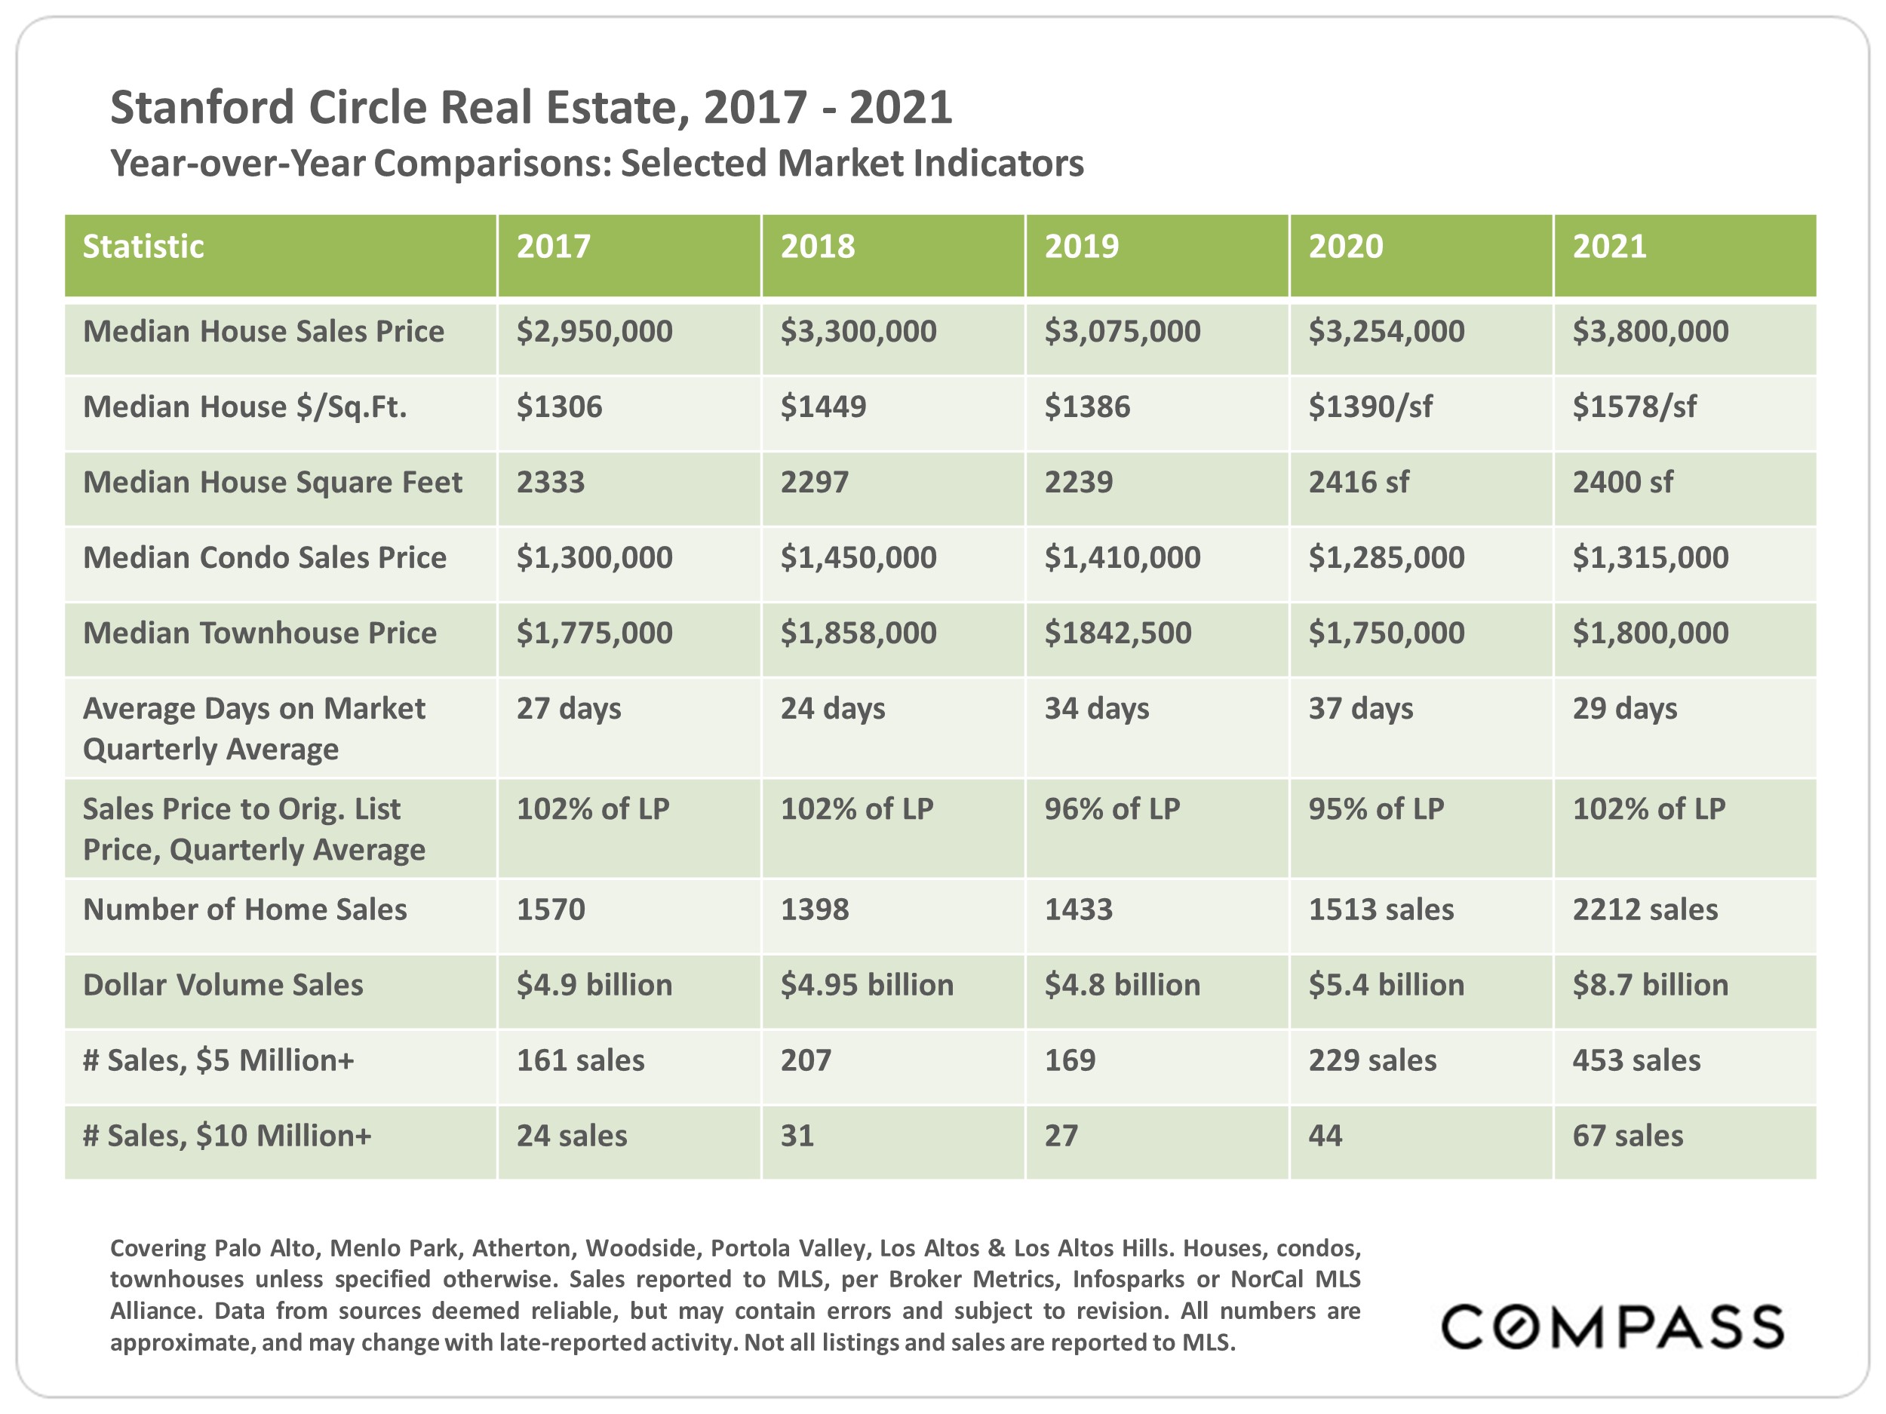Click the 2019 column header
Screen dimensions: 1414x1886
click(x=1081, y=247)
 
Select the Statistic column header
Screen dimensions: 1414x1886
click(x=143, y=247)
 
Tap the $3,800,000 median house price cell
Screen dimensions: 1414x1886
click(x=1650, y=331)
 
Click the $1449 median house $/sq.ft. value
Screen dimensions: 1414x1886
click(x=823, y=406)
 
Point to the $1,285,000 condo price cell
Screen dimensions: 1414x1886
click(x=1386, y=557)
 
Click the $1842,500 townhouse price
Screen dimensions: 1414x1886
click(x=1117, y=633)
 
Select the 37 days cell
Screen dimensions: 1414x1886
click(x=1360, y=708)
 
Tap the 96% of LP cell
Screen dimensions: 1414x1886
click(x=1112, y=809)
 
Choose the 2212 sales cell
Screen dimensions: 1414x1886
click(x=1645, y=909)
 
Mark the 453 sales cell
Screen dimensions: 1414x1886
click(x=1636, y=1060)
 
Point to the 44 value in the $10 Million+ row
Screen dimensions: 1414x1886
click(x=1325, y=1135)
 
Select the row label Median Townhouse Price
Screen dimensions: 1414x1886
click(x=260, y=633)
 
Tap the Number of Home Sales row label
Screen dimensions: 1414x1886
click(x=244, y=909)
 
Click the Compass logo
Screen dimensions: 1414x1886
click(x=1611, y=1327)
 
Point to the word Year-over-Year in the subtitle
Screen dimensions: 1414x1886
click(x=238, y=164)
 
